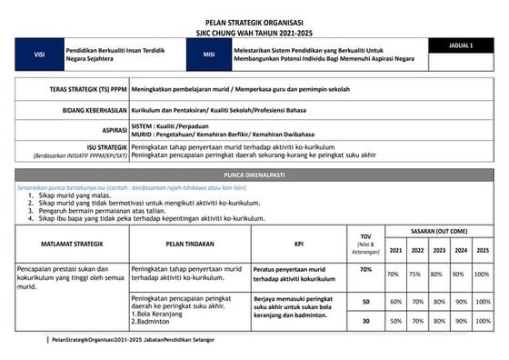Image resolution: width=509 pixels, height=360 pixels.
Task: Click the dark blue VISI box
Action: (x=39, y=55)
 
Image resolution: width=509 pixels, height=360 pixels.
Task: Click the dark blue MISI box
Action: (x=209, y=55)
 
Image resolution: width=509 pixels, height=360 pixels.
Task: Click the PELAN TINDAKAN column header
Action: (x=189, y=244)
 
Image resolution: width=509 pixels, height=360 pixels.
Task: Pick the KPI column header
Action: (x=298, y=244)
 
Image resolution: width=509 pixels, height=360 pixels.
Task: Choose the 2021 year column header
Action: (x=394, y=250)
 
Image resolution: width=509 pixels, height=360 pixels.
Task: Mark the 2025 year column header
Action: (x=482, y=250)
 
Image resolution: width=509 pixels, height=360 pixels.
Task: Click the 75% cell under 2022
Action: (x=416, y=274)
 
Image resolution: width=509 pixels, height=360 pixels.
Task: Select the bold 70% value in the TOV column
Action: (x=365, y=270)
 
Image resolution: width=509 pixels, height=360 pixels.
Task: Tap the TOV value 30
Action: (x=365, y=320)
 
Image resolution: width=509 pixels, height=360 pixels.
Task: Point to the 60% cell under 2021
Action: (x=395, y=301)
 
